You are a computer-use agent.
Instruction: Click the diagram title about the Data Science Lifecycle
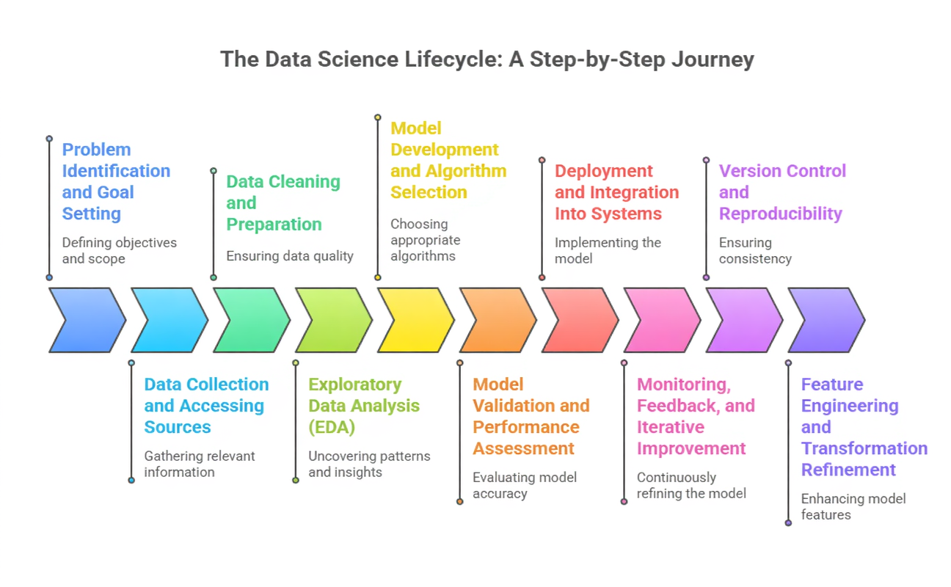pos(487,59)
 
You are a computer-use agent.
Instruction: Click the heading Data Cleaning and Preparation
pos(283,203)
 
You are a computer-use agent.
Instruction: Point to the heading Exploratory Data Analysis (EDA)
pos(364,405)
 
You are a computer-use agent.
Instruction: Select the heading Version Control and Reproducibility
pos(781,192)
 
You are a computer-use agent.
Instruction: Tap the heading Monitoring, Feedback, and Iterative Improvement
pos(695,416)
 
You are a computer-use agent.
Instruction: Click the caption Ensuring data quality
pos(290,256)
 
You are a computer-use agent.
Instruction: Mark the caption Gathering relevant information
pos(199,464)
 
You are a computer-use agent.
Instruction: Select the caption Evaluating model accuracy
pos(525,485)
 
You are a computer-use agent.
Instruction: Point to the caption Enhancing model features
pos(853,506)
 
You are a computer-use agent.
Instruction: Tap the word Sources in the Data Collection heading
pos(178,427)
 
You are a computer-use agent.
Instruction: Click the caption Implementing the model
pos(608,250)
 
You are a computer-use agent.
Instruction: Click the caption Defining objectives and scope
pos(119,250)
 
